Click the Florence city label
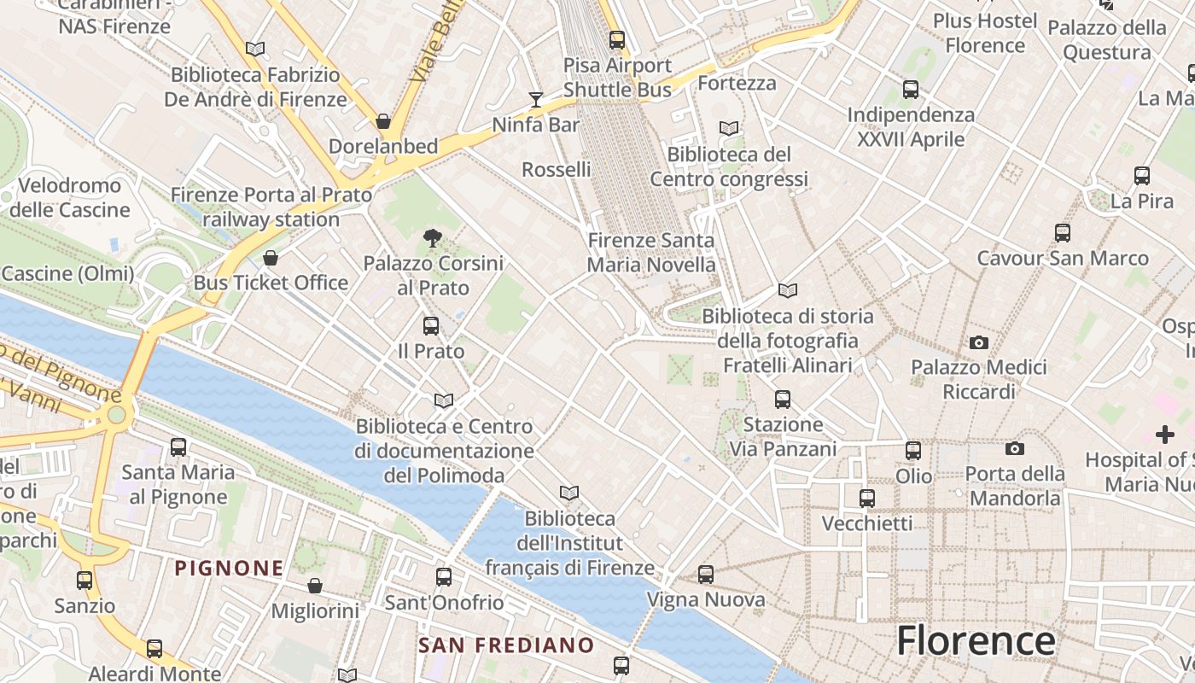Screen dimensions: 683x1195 [x=976, y=640]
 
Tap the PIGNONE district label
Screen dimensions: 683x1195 [x=229, y=568]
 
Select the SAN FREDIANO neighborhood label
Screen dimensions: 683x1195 [x=506, y=645]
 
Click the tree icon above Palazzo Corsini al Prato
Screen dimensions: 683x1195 [x=433, y=238]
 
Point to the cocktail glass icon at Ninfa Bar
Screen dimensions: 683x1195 [x=535, y=100]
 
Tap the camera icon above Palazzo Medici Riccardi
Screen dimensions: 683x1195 [x=978, y=343]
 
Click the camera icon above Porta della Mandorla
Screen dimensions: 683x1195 [x=1015, y=448]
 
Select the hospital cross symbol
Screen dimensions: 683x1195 [x=1164, y=435]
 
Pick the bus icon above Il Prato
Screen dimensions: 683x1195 [x=431, y=325]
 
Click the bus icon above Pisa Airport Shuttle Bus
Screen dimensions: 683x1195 [x=617, y=39]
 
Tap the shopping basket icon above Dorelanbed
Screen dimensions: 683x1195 [x=383, y=121]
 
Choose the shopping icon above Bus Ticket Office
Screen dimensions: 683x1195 [x=271, y=258]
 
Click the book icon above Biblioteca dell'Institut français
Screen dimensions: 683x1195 [x=568, y=493]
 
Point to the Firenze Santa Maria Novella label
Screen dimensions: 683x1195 [x=651, y=253]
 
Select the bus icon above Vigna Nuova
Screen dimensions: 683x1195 [x=705, y=575]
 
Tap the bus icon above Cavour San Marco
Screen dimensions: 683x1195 [x=1062, y=232]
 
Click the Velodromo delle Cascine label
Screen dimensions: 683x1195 [x=69, y=197]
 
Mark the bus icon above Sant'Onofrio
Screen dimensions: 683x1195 [x=444, y=577]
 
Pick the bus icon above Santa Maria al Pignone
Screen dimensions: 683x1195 [x=178, y=447]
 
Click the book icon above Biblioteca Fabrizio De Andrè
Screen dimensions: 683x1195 [x=255, y=49]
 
